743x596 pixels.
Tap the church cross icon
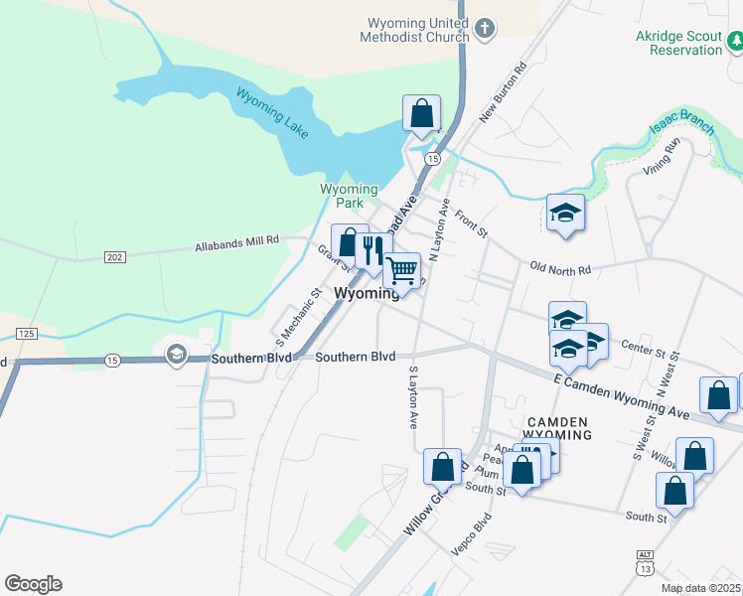click(x=485, y=28)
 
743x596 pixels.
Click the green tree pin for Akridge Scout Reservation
click(x=736, y=41)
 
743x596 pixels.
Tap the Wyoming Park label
click(x=349, y=196)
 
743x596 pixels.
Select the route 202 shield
click(x=115, y=257)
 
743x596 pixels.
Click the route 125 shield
click(x=27, y=333)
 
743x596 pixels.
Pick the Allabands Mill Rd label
click(x=237, y=241)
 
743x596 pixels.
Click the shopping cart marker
click(x=401, y=269)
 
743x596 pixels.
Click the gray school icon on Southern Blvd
click(x=177, y=355)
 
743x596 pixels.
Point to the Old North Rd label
click(x=560, y=269)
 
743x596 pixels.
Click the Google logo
click(x=33, y=584)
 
